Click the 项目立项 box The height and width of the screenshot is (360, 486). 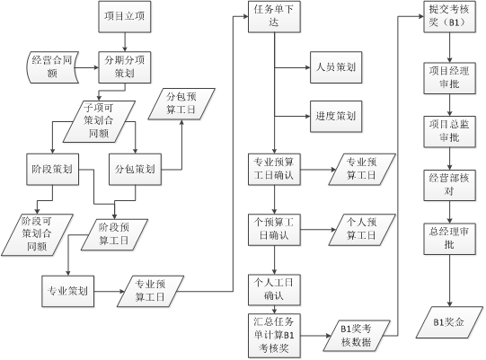click(x=125, y=17)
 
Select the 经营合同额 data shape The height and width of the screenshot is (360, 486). click(x=52, y=67)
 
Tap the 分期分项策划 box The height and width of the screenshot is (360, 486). click(x=125, y=67)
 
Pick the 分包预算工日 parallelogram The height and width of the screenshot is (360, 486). click(x=181, y=104)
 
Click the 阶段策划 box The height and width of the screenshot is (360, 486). click(x=52, y=170)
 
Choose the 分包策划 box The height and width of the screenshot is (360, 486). click(x=135, y=170)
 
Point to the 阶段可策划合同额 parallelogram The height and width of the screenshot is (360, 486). click(x=37, y=235)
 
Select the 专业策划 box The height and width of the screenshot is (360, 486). click(x=68, y=291)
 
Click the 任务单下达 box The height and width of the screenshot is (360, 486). click(x=274, y=17)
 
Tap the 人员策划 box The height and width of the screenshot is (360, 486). click(x=336, y=67)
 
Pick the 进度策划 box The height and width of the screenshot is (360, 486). click(x=336, y=117)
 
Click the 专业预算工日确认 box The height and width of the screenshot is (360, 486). click(x=274, y=170)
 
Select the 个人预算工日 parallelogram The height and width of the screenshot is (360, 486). click(x=362, y=230)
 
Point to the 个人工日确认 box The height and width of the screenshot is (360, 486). click(x=274, y=290)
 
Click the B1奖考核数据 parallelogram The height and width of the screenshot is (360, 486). click(x=357, y=336)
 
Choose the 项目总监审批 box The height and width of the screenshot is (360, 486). click(x=450, y=131)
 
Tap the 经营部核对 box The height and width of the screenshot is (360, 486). click(x=450, y=185)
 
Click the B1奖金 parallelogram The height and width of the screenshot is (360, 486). click(x=449, y=322)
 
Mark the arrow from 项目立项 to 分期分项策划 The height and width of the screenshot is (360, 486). click(x=125, y=42)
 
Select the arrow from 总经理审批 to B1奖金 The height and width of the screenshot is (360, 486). click(x=450, y=281)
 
